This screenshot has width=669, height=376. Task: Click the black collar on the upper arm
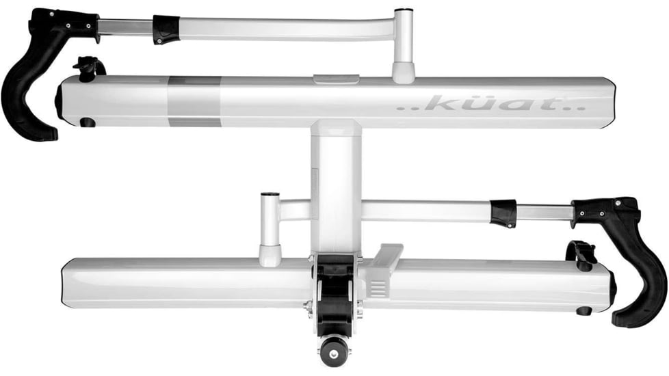coord(166,29)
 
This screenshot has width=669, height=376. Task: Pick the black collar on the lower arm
coord(503,213)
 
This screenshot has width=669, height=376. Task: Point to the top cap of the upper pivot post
coord(404,12)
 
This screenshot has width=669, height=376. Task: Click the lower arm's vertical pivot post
coord(270,229)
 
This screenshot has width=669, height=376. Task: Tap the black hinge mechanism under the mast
coord(334,291)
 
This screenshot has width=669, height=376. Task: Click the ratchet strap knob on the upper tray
coord(88,68)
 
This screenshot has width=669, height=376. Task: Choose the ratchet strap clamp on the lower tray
coord(581,254)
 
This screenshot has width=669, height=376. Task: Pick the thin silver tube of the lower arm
coord(544,212)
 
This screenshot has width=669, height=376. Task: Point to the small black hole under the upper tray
coord(88,123)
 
